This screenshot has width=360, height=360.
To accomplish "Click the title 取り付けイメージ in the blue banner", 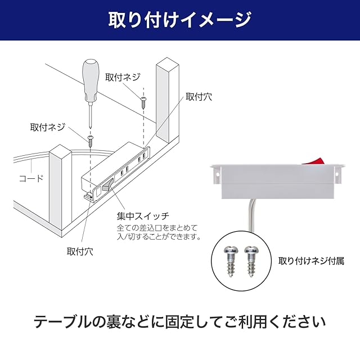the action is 179,20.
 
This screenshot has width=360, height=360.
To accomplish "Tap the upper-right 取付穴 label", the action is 199,97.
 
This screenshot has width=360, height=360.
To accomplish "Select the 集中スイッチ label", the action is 143,215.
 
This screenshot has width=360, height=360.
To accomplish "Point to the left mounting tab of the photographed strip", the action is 215,176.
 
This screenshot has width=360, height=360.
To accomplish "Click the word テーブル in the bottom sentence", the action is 62,323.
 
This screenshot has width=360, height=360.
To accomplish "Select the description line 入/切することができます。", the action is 159,237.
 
